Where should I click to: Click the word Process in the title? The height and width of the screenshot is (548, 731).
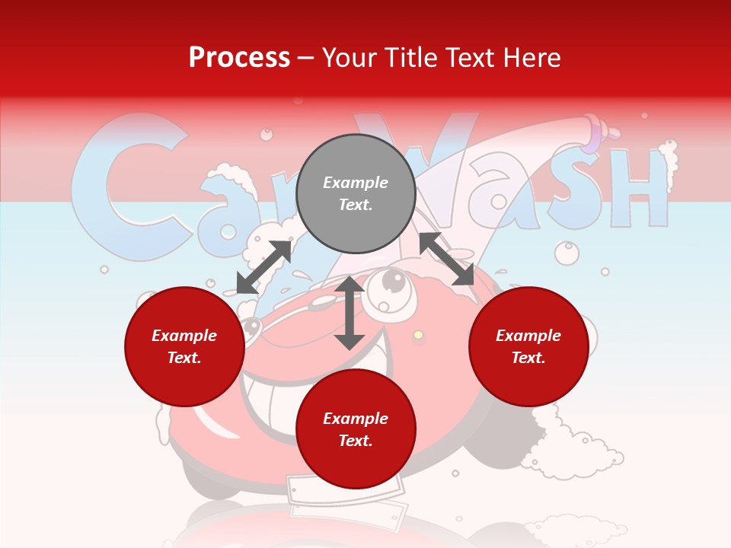pyautogui.click(x=239, y=57)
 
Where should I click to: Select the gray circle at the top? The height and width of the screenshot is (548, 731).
pyautogui.click(x=356, y=193)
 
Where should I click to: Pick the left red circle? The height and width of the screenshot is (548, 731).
pyautogui.click(x=184, y=346)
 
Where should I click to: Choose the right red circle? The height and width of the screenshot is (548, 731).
pyautogui.click(x=528, y=346)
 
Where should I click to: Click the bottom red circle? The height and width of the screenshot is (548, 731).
pyautogui.click(x=356, y=429)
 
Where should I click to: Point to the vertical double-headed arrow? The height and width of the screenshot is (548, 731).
pyautogui.click(x=350, y=313)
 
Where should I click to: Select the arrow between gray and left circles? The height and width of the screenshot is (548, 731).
pyautogui.click(x=263, y=267)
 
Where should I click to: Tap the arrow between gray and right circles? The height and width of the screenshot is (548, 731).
pyautogui.click(x=447, y=259)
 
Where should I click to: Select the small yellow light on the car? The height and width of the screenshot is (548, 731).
pyautogui.click(x=418, y=335)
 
